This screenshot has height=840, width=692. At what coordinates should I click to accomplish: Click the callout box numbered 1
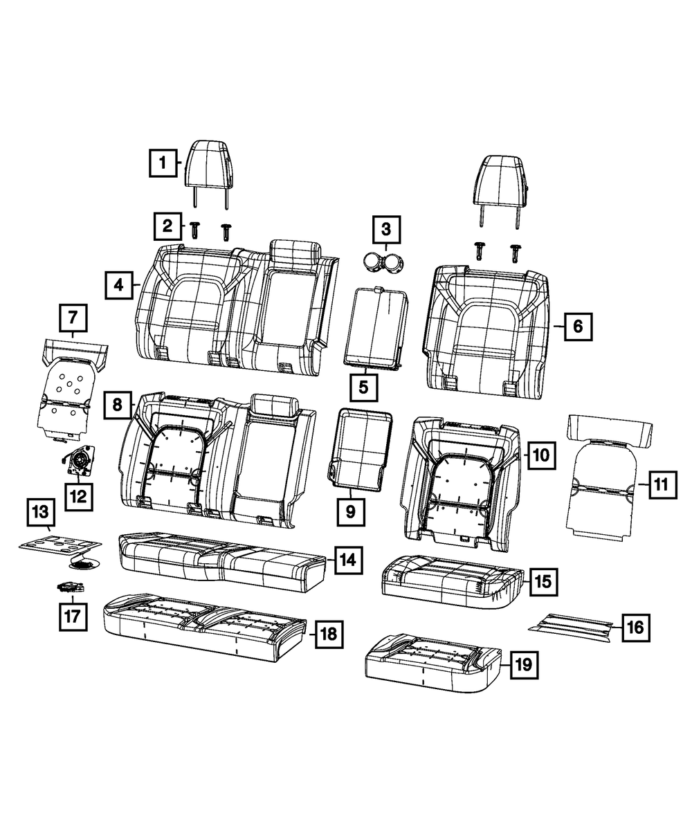(163, 163)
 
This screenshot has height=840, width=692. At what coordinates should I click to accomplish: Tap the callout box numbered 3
(386, 229)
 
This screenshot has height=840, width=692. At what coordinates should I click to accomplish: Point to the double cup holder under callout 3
(384, 263)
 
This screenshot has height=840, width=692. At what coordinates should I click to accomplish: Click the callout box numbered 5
(364, 387)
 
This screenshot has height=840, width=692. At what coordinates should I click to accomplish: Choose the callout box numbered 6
(578, 325)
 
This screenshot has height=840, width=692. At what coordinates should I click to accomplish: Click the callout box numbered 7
(73, 318)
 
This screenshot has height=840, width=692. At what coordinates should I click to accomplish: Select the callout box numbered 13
(41, 513)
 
